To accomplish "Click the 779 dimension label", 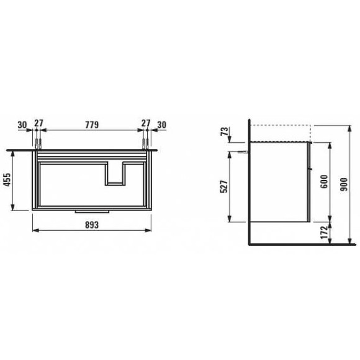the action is pyautogui.click(x=92, y=125).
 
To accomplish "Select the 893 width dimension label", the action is pyautogui.click(x=92, y=225).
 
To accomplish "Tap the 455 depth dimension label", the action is pyautogui.click(x=8, y=180).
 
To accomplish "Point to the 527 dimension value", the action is pyautogui.click(x=224, y=187).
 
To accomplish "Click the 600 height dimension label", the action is pyautogui.click(x=324, y=181).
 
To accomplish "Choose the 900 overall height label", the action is pyautogui.click(x=344, y=185).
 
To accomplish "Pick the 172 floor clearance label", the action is pyautogui.click(x=324, y=233).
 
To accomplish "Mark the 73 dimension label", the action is pyautogui.click(x=225, y=132).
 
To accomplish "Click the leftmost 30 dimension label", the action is pyautogui.click(x=22, y=125).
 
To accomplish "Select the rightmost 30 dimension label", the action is pyautogui.click(x=161, y=125).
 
